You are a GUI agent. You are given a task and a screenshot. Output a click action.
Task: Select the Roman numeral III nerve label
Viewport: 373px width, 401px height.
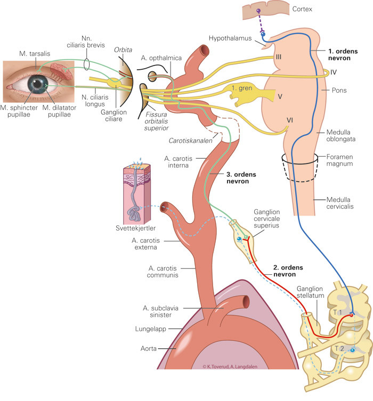(x=278, y=56)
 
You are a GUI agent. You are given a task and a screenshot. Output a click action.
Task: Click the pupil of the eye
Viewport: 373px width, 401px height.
(x=38, y=83)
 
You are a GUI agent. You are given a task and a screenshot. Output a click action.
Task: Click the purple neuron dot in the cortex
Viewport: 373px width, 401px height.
(x=258, y=11)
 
